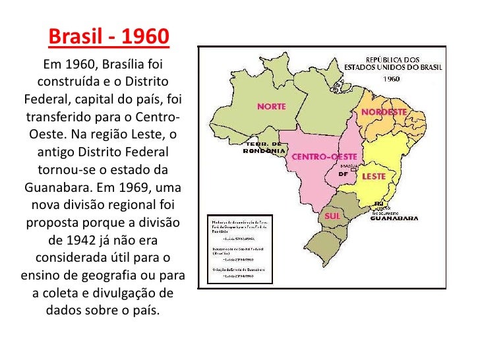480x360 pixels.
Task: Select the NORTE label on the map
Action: [x=271, y=106]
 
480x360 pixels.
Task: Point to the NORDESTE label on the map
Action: [x=383, y=113]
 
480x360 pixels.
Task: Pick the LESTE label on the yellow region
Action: [x=374, y=177]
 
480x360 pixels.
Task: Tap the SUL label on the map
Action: [x=332, y=216]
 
